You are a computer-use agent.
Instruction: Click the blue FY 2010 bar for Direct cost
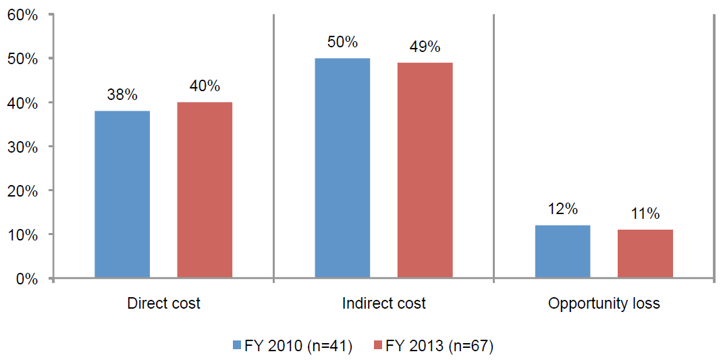point(122,195)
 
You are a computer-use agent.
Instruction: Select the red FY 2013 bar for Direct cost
point(205,190)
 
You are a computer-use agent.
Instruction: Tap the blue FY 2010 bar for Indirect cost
point(342,168)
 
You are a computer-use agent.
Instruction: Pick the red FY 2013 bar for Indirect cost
point(425,170)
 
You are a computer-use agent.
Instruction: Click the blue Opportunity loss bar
point(562,251)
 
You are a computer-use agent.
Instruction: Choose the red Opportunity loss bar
point(645,254)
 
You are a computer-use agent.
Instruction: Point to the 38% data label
point(122,95)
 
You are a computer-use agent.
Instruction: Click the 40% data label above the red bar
point(205,86)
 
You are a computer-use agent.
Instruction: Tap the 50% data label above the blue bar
point(342,43)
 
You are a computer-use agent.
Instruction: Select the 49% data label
point(425,47)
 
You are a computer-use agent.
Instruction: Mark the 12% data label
point(562,210)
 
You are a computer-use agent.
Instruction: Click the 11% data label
point(645,214)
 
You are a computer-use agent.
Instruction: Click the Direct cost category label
point(163,304)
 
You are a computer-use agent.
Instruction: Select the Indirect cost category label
point(383,304)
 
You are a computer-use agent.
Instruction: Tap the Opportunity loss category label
point(604,304)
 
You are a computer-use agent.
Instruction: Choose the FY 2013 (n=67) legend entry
point(433,346)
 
